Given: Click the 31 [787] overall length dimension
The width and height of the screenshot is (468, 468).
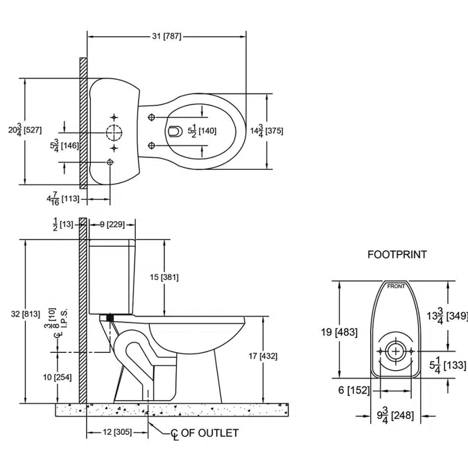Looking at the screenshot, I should [166, 36].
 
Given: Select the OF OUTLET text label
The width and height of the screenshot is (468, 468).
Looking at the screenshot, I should [210, 433].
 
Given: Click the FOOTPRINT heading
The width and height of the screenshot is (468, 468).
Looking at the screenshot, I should [397, 254].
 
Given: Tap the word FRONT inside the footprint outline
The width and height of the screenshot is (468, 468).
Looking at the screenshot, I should [396, 286].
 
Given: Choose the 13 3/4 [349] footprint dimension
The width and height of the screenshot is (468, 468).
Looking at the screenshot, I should [447, 316].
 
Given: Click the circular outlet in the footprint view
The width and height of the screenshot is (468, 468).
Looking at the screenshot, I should [396, 351].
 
